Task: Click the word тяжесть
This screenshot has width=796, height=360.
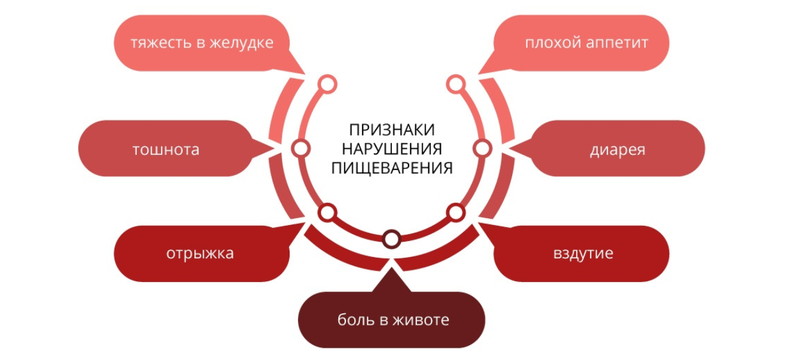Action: [x=161, y=43]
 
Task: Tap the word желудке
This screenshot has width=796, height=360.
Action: [x=242, y=43]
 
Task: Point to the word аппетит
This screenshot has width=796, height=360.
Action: [x=617, y=43]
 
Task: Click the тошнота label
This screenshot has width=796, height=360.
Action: [x=166, y=150]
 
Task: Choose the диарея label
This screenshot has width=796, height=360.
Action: [x=618, y=150]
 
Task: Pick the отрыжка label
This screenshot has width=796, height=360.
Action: [x=200, y=254]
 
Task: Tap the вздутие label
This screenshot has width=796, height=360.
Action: [x=583, y=254]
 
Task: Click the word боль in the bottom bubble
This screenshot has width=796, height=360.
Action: [x=355, y=320]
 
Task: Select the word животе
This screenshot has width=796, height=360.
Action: [x=422, y=320]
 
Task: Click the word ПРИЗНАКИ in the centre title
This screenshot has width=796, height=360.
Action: [x=391, y=130]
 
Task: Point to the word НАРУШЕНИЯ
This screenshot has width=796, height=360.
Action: [x=392, y=149]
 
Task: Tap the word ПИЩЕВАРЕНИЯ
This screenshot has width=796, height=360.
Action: [x=392, y=168]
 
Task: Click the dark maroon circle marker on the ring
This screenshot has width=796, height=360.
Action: [x=391, y=239]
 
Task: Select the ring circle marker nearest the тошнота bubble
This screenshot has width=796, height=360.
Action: [x=300, y=148]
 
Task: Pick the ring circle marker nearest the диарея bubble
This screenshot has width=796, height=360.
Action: [x=483, y=148]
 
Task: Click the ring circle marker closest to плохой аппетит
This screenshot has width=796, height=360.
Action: [x=456, y=84]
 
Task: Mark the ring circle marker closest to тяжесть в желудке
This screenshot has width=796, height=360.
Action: [x=327, y=84]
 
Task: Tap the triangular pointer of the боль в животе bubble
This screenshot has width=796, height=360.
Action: [x=391, y=281]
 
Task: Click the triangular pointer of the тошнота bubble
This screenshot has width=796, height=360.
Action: [x=262, y=148]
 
